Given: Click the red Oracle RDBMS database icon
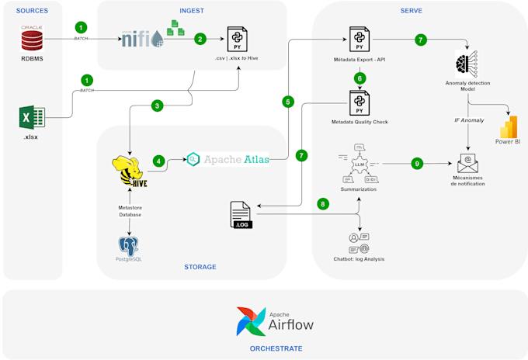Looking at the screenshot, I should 32,38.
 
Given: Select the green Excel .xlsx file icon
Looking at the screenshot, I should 31,117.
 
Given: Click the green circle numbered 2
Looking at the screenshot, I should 200,38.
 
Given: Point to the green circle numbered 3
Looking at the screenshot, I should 158,105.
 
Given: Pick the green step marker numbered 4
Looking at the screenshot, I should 158,161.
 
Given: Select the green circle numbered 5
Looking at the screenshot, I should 288,102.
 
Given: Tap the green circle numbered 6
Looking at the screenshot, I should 360,78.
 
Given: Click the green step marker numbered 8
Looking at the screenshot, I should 323,204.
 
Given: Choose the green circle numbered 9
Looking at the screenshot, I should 417,164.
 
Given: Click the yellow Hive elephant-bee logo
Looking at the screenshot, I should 130,172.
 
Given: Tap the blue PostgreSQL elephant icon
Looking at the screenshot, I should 130,247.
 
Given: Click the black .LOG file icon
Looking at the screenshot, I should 243,214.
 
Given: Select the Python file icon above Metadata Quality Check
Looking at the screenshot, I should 360,102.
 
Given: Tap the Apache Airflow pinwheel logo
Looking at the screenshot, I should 251,321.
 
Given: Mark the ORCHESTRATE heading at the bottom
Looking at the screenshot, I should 276,349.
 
